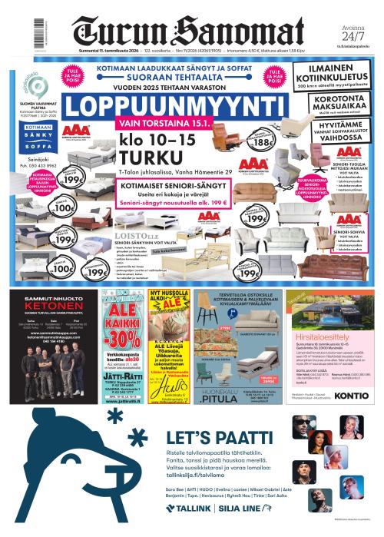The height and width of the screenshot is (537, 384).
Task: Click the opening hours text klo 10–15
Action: [x=164, y=142]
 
